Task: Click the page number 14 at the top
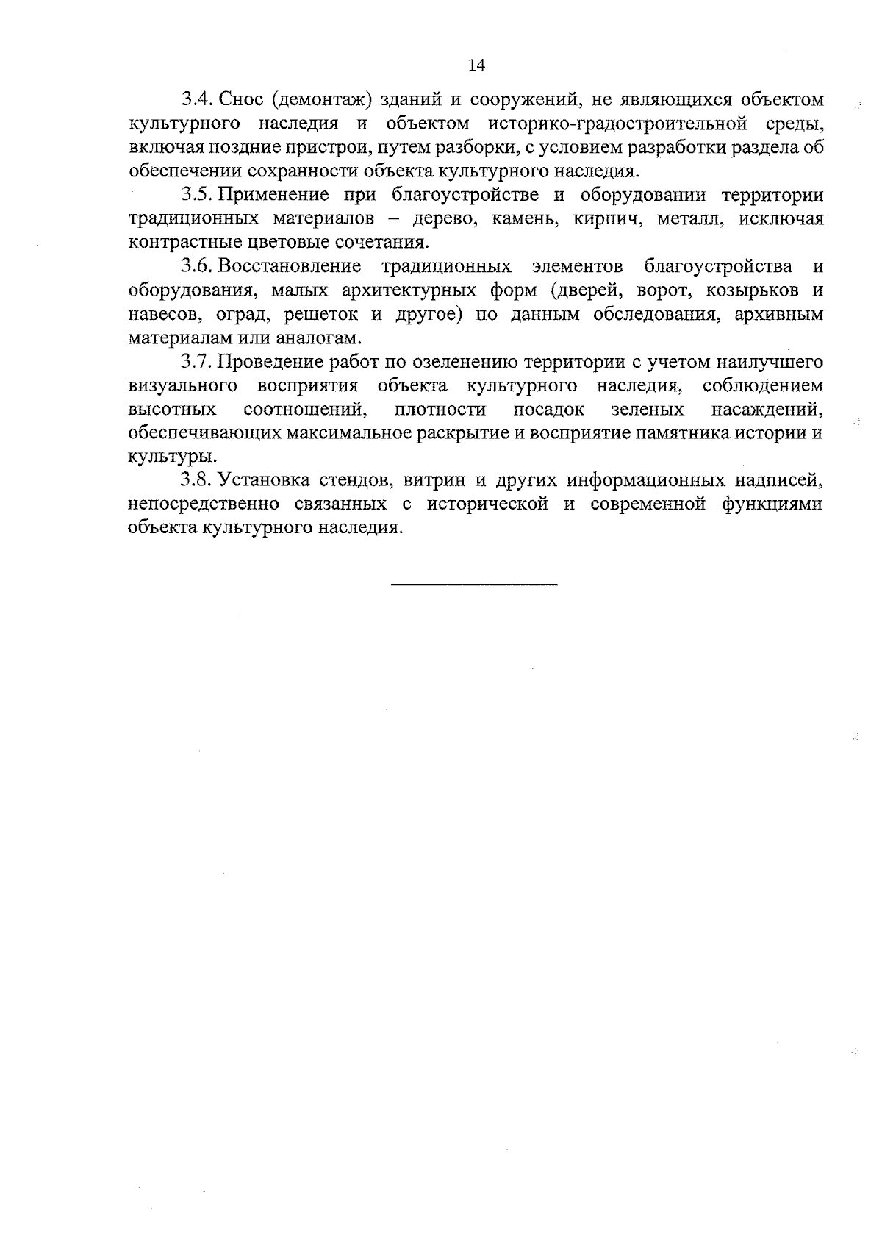476,66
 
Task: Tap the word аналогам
325,338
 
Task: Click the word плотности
440,410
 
